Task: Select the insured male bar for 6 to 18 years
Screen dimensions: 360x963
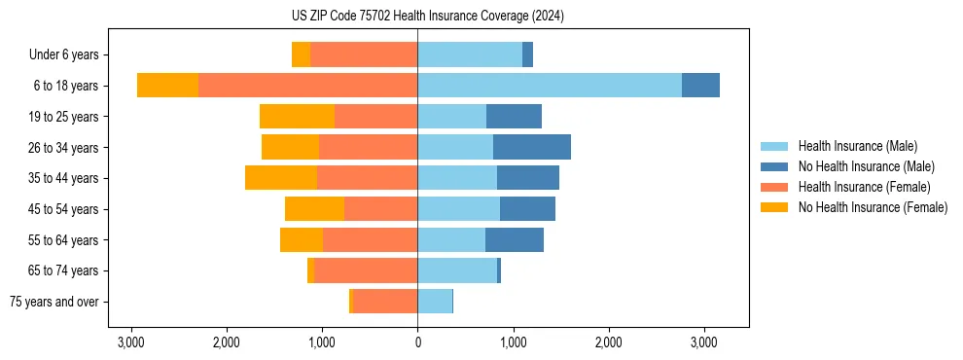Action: pos(550,86)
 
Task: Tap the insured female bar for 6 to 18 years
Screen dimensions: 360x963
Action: pos(307,86)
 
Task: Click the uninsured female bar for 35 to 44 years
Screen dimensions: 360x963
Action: pos(281,178)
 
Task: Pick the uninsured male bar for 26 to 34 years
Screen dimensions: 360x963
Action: pos(531,147)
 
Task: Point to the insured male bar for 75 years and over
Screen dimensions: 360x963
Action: pos(435,302)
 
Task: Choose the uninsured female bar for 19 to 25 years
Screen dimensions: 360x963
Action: pos(297,117)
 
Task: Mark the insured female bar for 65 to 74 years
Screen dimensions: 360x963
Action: pos(366,270)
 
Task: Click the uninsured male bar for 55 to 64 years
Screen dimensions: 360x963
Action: pos(514,239)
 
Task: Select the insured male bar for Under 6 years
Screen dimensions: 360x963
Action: pos(470,54)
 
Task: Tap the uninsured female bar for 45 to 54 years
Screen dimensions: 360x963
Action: pos(314,209)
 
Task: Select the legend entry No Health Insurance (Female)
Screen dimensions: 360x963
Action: pos(873,207)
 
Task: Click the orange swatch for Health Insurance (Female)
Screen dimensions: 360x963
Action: pos(774,187)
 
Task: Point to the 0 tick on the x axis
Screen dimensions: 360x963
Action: pos(417,342)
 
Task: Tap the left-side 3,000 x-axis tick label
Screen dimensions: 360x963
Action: pos(131,342)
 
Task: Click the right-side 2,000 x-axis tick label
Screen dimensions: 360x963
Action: pos(608,342)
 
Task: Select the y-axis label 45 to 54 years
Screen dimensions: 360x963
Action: pos(64,209)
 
